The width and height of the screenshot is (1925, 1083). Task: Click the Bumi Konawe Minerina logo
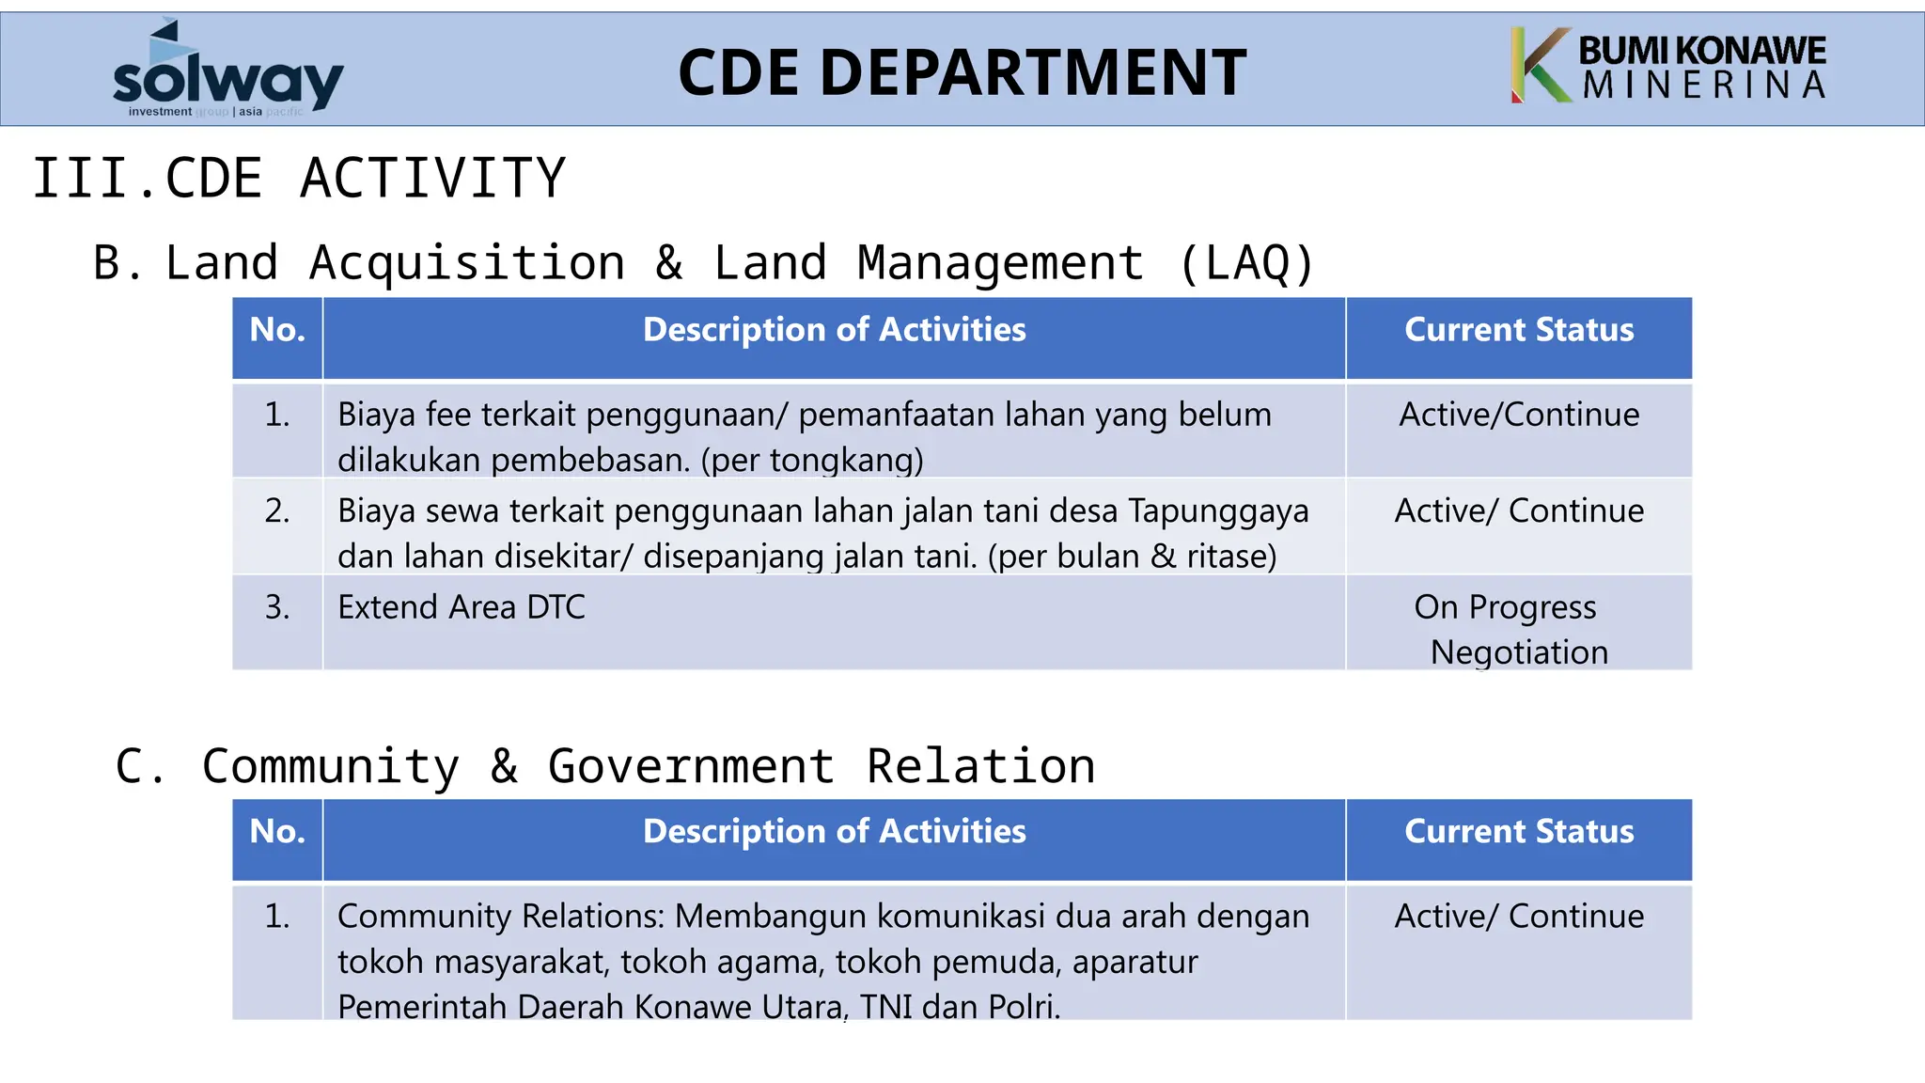click(x=1668, y=66)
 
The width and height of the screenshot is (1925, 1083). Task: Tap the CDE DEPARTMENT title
click(x=962, y=72)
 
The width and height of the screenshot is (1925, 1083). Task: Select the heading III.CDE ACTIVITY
click(x=299, y=178)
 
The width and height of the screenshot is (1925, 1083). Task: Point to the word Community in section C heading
click(x=330, y=765)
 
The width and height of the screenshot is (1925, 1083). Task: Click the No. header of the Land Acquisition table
click(x=277, y=330)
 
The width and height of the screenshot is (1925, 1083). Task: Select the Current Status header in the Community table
click(x=1518, y=831)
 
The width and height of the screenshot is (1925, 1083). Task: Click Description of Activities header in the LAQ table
click(x=834, y=330)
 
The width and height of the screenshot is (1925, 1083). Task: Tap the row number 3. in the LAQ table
click(x=277, y=607)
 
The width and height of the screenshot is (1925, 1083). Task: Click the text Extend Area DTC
click(x=461, y=607)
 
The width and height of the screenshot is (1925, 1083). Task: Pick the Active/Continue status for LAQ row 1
click(x=1518, y=415)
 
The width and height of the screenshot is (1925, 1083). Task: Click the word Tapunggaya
click(x=1217, y=510)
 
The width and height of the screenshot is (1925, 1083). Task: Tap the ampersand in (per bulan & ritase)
click(x=1163, y=556)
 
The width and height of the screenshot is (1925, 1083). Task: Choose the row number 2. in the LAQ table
click(x=277, y=510)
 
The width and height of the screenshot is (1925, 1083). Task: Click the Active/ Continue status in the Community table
click(x=1518, y=916)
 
